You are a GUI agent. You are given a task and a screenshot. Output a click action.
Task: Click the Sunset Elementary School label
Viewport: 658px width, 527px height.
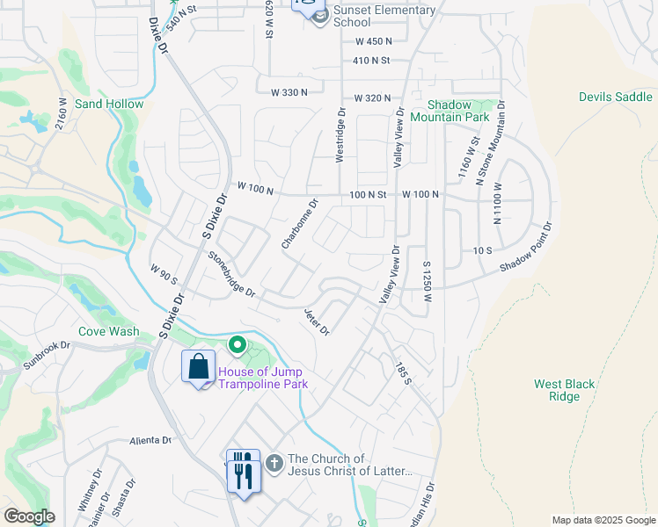click(384, 16)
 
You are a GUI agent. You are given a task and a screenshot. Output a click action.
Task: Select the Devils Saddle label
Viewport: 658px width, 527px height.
click(616, 97)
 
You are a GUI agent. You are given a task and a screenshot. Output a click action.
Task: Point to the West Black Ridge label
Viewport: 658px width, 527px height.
click(557, 390)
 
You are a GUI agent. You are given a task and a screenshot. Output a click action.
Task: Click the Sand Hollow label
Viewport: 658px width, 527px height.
click(109, 104)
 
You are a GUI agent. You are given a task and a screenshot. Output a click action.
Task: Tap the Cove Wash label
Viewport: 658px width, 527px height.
click(108, 331)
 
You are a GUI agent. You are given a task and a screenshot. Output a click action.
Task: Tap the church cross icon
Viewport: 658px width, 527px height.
click(274, 463)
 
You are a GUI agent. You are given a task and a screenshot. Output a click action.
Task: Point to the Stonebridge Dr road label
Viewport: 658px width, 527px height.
click(231, 274)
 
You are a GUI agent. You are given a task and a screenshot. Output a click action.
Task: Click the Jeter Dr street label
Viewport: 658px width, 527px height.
click(316, 321)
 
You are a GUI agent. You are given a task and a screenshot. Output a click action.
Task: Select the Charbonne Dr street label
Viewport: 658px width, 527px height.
click(299, 223)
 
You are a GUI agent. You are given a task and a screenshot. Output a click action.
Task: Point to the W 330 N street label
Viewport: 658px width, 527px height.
click(289, 92)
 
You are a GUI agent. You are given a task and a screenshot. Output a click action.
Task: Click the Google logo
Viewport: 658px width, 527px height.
click(29, 516)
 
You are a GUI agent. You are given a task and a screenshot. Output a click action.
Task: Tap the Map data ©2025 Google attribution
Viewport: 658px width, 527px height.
click(603, 520)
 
